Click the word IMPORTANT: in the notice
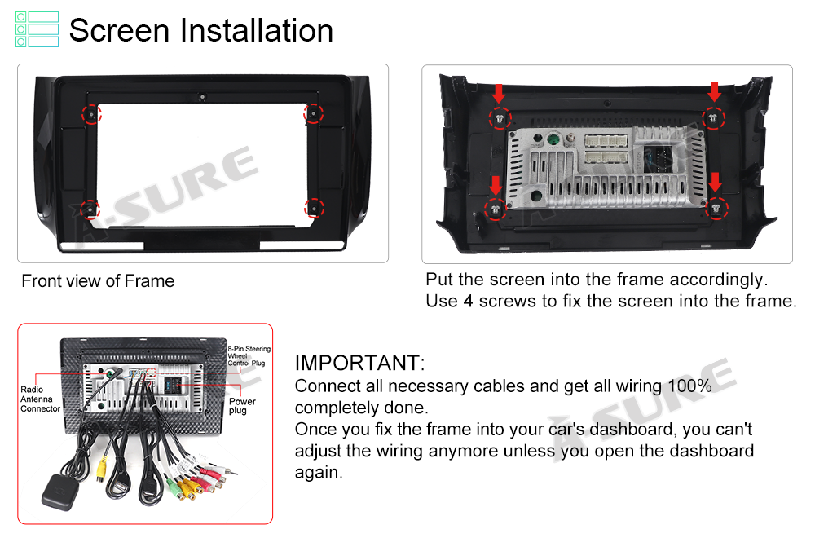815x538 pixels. (x=359, y=363)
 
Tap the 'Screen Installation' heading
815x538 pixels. (x=201, y=30)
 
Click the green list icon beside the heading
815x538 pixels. (x=37, y=29)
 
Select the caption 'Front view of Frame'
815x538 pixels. (x=98, y=281)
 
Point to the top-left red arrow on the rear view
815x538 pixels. (x=499, y=94)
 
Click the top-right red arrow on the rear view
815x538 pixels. (x=715, y=92)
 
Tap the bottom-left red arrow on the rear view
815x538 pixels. (x=496, y=185)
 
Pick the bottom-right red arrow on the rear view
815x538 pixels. (x=716, y=182)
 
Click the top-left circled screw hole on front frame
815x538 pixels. (x=91, y=114)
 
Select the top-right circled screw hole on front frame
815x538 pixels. (x=314, y=113)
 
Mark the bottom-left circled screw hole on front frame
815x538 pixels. (x=90, y=209)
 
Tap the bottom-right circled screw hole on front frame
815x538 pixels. (x=314, y=209)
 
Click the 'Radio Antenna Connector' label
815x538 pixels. (x=40, y=399)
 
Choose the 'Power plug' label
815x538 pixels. (x=242, y=406)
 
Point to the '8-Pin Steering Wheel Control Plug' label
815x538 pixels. (x=249, y=356)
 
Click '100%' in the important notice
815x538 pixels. (x=689, y=386)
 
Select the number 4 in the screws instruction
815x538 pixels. (x=468, y=301)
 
